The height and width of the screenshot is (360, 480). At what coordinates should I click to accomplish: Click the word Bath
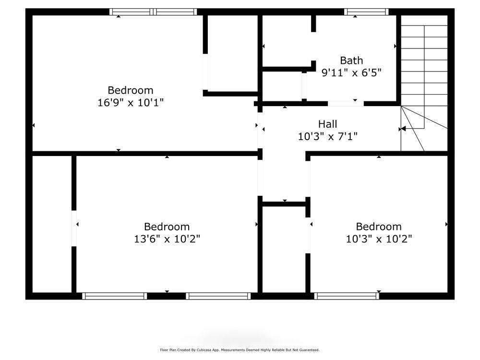[x=351, y=60]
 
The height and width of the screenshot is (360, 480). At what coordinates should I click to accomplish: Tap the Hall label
[x=327, y=124]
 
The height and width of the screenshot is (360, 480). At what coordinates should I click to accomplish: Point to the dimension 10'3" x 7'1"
[x=327, y=136]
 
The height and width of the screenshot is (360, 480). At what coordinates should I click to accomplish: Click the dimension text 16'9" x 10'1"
[x=131, y=102]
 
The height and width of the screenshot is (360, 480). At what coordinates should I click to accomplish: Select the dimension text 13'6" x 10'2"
[x=167, y=239]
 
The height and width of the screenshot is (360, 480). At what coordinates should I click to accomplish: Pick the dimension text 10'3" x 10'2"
[x=379, y=239]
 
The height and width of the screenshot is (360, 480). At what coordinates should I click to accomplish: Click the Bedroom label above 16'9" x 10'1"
[x=131, y=90]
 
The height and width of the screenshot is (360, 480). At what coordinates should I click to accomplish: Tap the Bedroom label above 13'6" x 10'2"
[x=167, y=227]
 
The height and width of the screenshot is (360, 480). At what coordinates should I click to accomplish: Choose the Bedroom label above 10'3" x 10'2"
[x=379, y=227]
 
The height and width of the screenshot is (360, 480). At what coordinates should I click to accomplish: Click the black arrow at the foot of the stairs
[x=403, y=129]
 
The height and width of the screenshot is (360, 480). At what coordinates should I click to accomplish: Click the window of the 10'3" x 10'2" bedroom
[x=347, y=296]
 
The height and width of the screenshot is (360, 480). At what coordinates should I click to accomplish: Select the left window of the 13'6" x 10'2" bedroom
[x=114, y=296]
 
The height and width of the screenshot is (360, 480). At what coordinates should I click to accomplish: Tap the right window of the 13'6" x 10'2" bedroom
[x=218, y=296]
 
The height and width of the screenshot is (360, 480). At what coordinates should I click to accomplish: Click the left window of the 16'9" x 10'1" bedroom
[x=131, y=12]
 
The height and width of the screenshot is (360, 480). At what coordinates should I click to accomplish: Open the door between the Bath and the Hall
[x=346, y=103]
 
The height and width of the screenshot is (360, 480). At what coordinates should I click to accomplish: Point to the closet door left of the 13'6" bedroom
[x=74, y=228]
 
